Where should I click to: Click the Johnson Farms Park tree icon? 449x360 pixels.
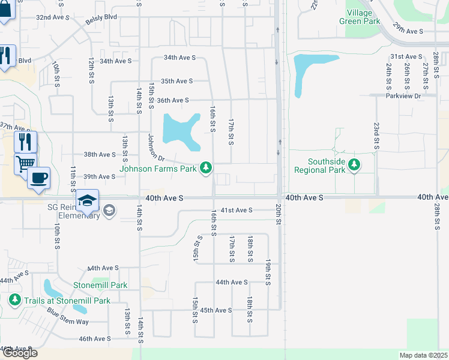point(206,167)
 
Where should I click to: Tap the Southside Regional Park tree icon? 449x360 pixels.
point(354,164)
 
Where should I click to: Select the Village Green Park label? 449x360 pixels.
point(363,17)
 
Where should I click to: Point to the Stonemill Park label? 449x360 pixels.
point(100,286)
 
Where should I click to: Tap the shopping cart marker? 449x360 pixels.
point(25,163)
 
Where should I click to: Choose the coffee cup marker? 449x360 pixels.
point(38,178)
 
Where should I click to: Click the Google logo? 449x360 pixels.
point(19,353)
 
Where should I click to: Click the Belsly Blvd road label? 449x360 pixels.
point(101,18)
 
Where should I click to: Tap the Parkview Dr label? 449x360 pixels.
point(403,95)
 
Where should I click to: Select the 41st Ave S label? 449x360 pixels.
point(237,211)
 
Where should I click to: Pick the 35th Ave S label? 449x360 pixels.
point(176,81)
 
